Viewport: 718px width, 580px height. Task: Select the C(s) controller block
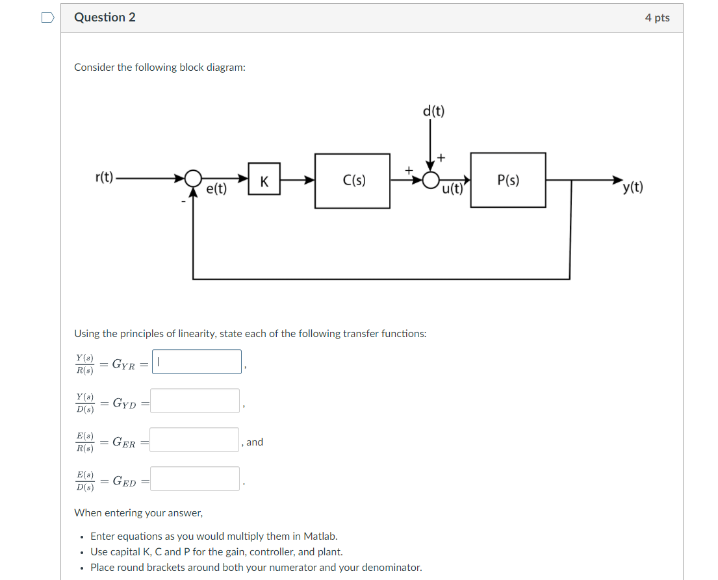pyautogui.click(x=352, y=181)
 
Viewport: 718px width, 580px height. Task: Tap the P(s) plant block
pyautogui.click(x=508, y=180)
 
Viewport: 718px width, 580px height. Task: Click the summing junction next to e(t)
pyautogui.click(x=192, y=178)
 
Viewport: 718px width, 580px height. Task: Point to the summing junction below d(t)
pyautogui.click(x=430, y=180)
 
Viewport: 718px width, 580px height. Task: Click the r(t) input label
pyautogui.click(x=103, y=177)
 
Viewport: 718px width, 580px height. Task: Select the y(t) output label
pyautogui.click(x=632, y=188)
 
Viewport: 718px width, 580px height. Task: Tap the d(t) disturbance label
pyautogui.click(x=433, y=111)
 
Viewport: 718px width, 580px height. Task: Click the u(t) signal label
pyautogui.click(x=452, y=190)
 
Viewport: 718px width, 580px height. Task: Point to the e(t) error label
pyautogui.click(x=216, y=189)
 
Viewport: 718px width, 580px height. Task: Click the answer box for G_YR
pyautogui.click(x=197, y=362)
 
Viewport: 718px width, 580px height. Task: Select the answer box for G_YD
pyautogui.click(x=196, y=401)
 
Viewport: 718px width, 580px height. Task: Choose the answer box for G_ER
pyautogui.click(x=196, y=440)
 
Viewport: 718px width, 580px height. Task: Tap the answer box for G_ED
pyautogui.click(x=196, y=479)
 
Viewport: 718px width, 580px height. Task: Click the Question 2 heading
pyautogui.click(x=105, y=18)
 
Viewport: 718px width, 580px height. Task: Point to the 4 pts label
pyautogui.click(x=657, y=18)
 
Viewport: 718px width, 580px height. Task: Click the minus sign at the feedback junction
pyautogui.click(x=183, y=202)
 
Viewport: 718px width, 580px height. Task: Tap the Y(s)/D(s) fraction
pyautogui.click(x=84, y=403)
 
